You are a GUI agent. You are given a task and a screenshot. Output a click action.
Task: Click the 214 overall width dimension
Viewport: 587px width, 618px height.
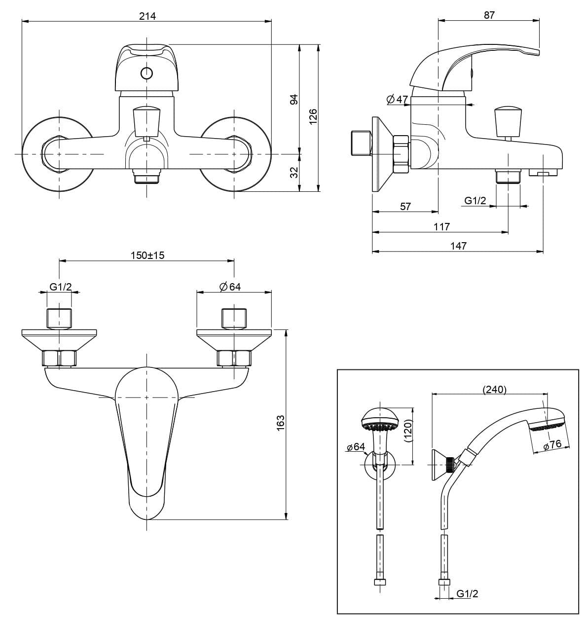coord(147,16)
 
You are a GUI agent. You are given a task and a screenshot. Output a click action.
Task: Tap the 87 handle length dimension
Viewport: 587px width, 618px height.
coord(489,15)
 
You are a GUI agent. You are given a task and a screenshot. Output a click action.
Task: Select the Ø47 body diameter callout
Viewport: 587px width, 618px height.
coord(397,100)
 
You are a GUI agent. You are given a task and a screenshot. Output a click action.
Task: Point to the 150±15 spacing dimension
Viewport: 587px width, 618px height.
coord(147,255)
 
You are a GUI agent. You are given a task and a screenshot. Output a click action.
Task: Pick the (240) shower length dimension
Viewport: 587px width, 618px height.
coord(495,390)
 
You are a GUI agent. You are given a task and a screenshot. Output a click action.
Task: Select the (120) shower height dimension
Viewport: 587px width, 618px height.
coord(407,431)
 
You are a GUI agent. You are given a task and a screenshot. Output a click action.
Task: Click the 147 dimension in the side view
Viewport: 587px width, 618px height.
coord(458,246)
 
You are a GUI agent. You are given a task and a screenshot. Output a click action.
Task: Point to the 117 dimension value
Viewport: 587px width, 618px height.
coord(442,226)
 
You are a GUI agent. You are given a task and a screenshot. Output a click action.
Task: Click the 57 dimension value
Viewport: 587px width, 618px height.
coord(405,207)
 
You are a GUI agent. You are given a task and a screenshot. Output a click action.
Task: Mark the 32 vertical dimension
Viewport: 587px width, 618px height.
coord(293,172)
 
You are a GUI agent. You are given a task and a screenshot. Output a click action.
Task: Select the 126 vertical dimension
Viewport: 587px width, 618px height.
coord(313,117)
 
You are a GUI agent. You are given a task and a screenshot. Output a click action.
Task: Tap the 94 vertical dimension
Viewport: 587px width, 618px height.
coord(293,100)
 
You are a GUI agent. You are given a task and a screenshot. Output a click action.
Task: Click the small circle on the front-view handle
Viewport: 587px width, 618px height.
coord(147,73)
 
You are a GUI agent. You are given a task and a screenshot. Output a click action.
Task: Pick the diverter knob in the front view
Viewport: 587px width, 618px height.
coord(147,122)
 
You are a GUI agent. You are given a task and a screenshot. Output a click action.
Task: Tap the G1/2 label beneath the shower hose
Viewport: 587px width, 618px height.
coord(467,593)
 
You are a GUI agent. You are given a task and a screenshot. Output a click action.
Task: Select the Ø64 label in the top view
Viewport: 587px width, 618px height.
coord(230,287)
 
